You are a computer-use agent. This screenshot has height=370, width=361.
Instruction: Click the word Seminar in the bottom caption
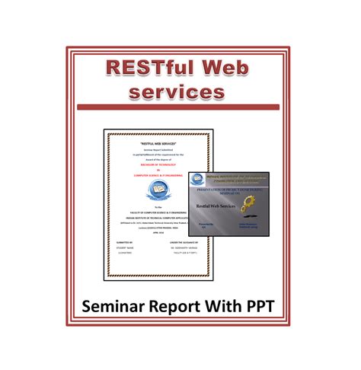[117, 309]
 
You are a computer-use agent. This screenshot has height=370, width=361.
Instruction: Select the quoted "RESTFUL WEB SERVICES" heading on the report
[158, 143]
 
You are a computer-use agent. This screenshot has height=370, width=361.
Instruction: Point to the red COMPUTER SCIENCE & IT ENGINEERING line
[158, 174]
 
